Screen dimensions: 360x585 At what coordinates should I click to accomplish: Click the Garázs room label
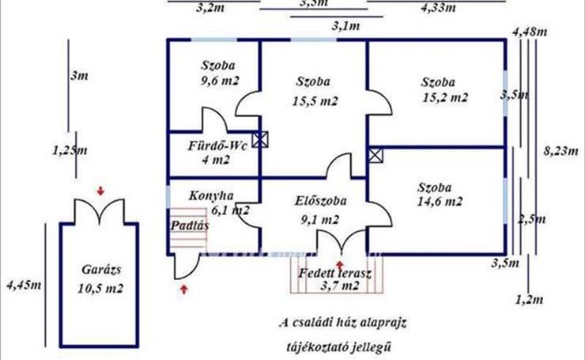pyautogui.click(x=100, y=269)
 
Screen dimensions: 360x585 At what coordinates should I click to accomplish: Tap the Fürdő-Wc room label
pyautogui.click(x=208, y=146)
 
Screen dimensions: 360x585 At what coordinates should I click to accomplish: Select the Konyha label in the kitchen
pyautogui.click(x=211, y=195)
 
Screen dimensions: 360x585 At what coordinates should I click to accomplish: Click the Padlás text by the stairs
pyautogui.click(x=189, y=224)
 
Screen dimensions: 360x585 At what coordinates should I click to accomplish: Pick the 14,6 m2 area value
pyautogui.click(x=440, y=203)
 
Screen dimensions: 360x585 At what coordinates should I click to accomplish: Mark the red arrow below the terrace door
pyautogui.click(x=340, y=265)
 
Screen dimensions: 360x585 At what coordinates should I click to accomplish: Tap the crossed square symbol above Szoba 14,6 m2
pyautogui.click(x=375, y=154)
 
